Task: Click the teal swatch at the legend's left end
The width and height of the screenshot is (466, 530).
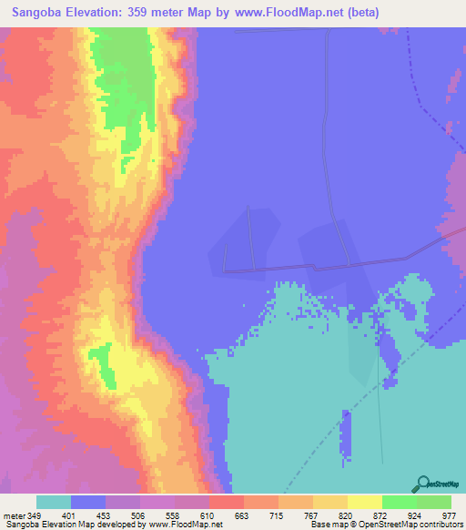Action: (x=54, y=502)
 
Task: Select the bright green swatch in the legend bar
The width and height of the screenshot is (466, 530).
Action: (x=400, y=502)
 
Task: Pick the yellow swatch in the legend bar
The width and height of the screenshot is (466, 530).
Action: (x=365, y=502)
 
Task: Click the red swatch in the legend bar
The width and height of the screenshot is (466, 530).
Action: (x=227, y=502)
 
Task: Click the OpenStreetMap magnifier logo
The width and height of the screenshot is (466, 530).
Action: (x=421, y=483)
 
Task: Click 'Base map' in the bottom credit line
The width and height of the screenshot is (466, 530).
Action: (x=323, y=525)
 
